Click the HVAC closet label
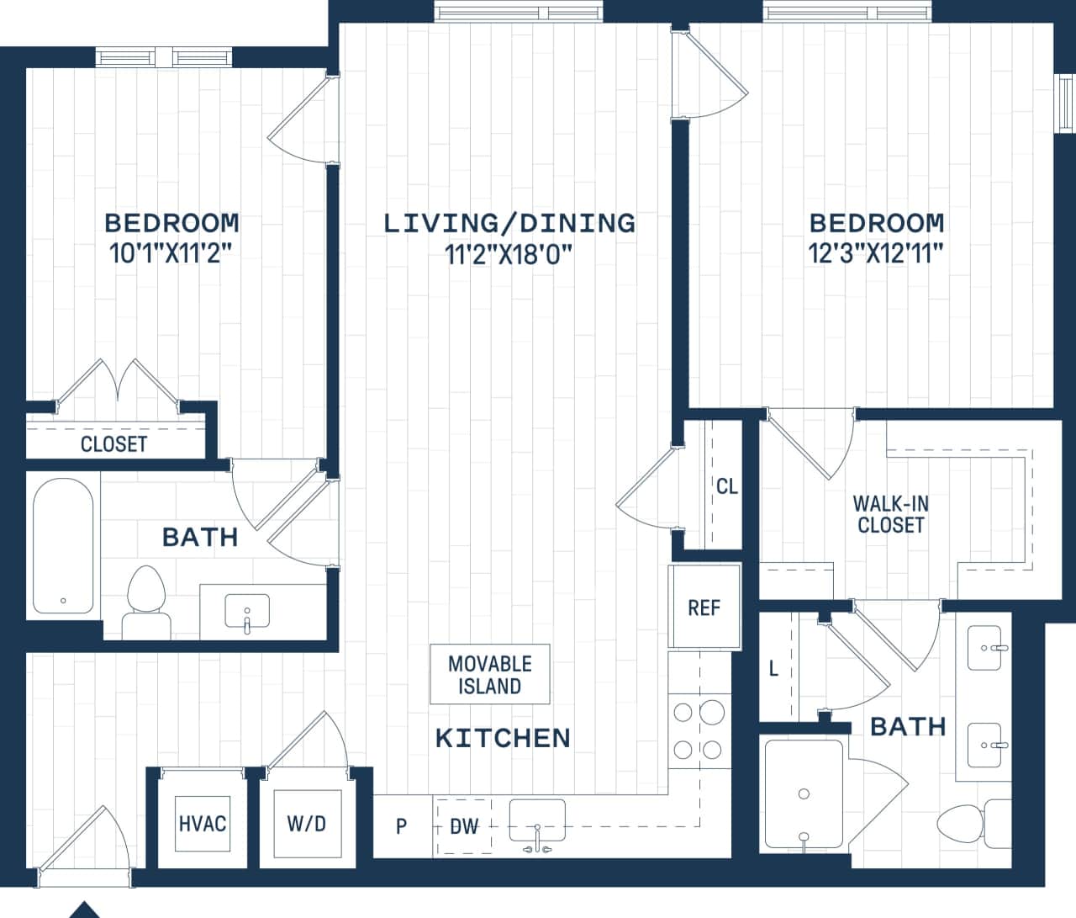tap(203, 823)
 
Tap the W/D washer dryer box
tap(306, 823)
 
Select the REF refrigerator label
tap(704, 608)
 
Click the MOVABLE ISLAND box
tap(489, 675)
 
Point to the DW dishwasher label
tap(463, 826)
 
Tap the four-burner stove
tap(698, 730)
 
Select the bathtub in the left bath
tap(63, 546)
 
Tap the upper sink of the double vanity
tap(984, 648)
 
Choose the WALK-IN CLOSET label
tap(890, 514)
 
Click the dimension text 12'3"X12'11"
tap(876, 253)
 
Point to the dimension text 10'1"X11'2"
tap(171, 253)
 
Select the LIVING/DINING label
tap(509, 223)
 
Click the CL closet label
tap(726, 486)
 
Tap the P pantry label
tap(401, 826)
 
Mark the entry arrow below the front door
tap(83, 910)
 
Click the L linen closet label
tap(773, 669)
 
